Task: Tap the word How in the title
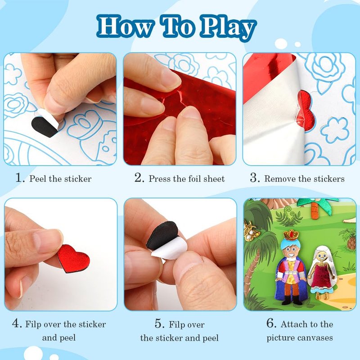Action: pos(126,27)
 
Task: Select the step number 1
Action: pos(20,178)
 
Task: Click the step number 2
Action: pos(139,178)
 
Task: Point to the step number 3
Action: pos(255,178)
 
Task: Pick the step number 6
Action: pos(271,323)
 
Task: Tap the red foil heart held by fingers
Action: pos(73,258)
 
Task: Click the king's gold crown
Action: pos(291,235)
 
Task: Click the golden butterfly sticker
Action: pos(252,231)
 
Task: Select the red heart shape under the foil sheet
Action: pos(305,111)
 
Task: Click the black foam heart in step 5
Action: pos(162,235)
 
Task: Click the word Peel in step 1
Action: pos(38,179)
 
